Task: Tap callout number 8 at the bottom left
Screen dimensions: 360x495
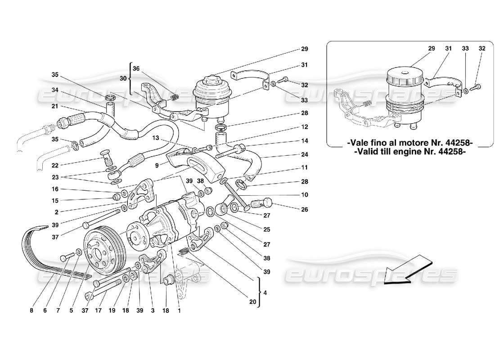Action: pyautogui.click(x=31, y=310)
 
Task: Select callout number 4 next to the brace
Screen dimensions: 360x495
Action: pyautogui.click(x=265, y=293)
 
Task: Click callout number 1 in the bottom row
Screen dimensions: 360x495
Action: pyautogui.click(x=180, y=310)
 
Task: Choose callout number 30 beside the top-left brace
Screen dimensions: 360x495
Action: pyautogui.click(x=122, y=78)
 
